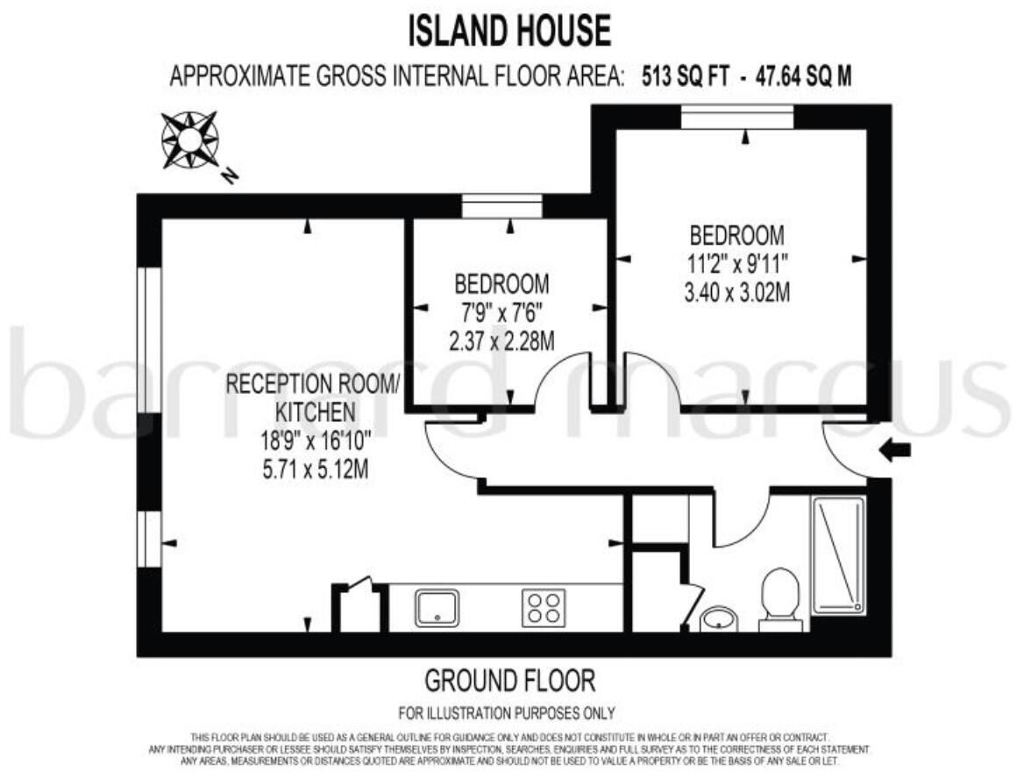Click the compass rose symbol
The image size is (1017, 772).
pyautogui.click(x=190, y=140)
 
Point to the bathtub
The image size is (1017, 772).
pyautogui.click(x=838, y=555)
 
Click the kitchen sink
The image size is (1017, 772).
pyautogui.click(x=437, y=607)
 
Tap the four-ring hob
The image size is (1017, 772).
pyautogui.click(x=543, y=607)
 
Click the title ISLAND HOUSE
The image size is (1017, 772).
pyautogui.click(x=508, y=32)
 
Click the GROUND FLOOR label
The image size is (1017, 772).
pyautogui.click(x=509, y=680)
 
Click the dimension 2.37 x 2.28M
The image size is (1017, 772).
pyautogui.click(x=501, y=341)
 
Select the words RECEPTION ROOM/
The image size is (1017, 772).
pyautogui.click(x=313, y=384)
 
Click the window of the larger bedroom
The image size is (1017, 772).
pyautogui.click(x=737, y=115)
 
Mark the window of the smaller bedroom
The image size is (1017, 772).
pyautogui.click(x=502, y=206)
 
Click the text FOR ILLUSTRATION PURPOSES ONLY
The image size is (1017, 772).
pyautogui.click(x=507, y=712)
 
